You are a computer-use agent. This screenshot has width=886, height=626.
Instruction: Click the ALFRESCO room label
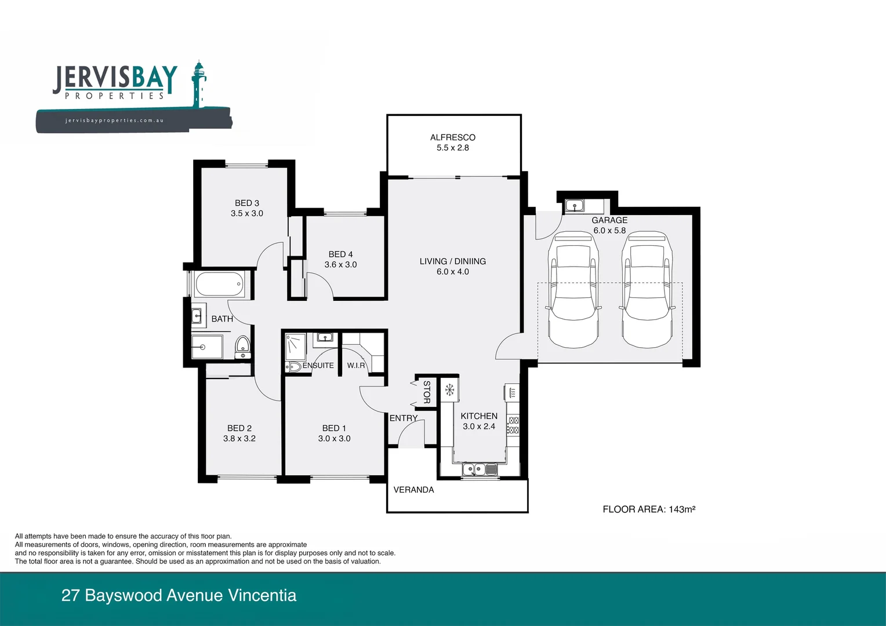(452, 137)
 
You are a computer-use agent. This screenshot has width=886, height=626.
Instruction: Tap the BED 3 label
(246, 203)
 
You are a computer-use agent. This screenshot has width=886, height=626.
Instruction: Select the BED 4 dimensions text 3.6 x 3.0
(340, 265)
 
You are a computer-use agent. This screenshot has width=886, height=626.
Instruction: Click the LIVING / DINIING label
(452, 261)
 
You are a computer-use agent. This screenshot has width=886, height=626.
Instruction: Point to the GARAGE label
(609, 220)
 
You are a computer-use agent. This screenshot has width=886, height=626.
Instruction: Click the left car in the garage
(573, 289)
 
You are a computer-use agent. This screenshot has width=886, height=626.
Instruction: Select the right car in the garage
(647, 289)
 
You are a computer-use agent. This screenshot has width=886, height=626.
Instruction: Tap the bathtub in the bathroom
(219, 285)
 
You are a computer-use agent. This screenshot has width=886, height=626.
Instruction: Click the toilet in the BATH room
(242, 346)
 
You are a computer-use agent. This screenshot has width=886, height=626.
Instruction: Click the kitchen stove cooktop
(513, 425)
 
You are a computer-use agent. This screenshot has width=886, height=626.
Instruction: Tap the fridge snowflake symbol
(449, 390)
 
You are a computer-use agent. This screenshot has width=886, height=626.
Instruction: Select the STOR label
(427, 392)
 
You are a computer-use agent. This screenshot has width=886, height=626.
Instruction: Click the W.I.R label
(356, 366)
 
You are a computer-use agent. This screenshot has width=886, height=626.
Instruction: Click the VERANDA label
(413, 490)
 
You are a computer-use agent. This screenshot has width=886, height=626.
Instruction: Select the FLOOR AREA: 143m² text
(648, 509)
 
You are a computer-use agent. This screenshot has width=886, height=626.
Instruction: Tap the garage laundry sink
(574, 205)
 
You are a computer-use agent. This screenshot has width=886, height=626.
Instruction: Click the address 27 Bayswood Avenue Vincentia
(179, 595)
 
